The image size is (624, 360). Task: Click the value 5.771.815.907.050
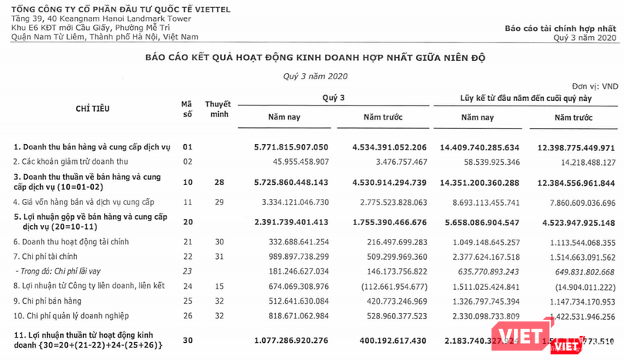tap(291, 146)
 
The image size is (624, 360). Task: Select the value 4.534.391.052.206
tap(389, 146)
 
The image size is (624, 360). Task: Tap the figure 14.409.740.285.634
tap(490, 146)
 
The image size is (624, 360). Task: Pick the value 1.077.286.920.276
tap(291, 339)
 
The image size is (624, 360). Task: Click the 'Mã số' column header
tap(186, 109)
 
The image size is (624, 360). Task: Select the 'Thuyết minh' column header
tap(217, 109)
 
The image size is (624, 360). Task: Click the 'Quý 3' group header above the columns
tap(334, 97)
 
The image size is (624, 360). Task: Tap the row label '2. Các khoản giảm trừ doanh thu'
tap(71, 161)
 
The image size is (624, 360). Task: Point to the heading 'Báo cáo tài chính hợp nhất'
tap(561, 28)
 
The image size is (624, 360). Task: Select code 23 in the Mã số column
tap(186, 271)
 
